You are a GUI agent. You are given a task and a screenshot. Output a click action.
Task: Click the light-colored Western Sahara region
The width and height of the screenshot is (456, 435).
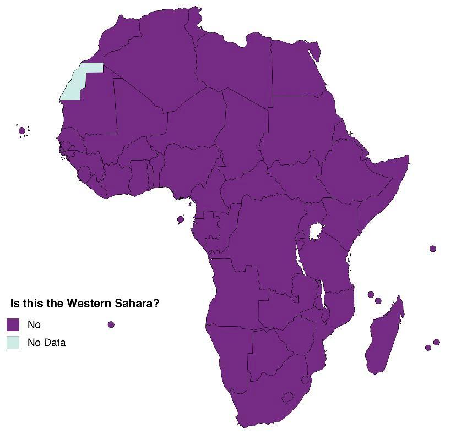click(x=80, y=82)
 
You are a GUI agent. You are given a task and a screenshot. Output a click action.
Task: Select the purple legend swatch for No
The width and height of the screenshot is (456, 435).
click(x=13, y=324)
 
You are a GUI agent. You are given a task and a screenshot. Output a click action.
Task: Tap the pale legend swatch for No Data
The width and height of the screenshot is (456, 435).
click(x=13, y=342)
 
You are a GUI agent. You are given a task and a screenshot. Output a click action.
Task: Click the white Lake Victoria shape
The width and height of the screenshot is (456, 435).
click(x=316, y=232)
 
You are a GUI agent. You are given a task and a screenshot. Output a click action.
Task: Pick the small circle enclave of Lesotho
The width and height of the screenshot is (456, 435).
click(x=287, y=397)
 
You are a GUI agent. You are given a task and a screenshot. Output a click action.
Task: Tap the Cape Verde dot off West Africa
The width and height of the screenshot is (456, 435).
click(x=22, y=130)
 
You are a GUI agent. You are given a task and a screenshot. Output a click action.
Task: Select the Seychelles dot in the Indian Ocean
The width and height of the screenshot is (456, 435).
click(x=433, y=249)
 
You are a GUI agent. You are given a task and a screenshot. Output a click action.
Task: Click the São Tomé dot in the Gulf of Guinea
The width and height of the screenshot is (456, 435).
click(x=180, y=219)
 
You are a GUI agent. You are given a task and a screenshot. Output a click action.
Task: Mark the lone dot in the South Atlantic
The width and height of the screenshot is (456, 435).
click(x=111, y=324)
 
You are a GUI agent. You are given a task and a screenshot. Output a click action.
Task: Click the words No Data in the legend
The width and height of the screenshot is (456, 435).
click(x=46, y=343)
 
